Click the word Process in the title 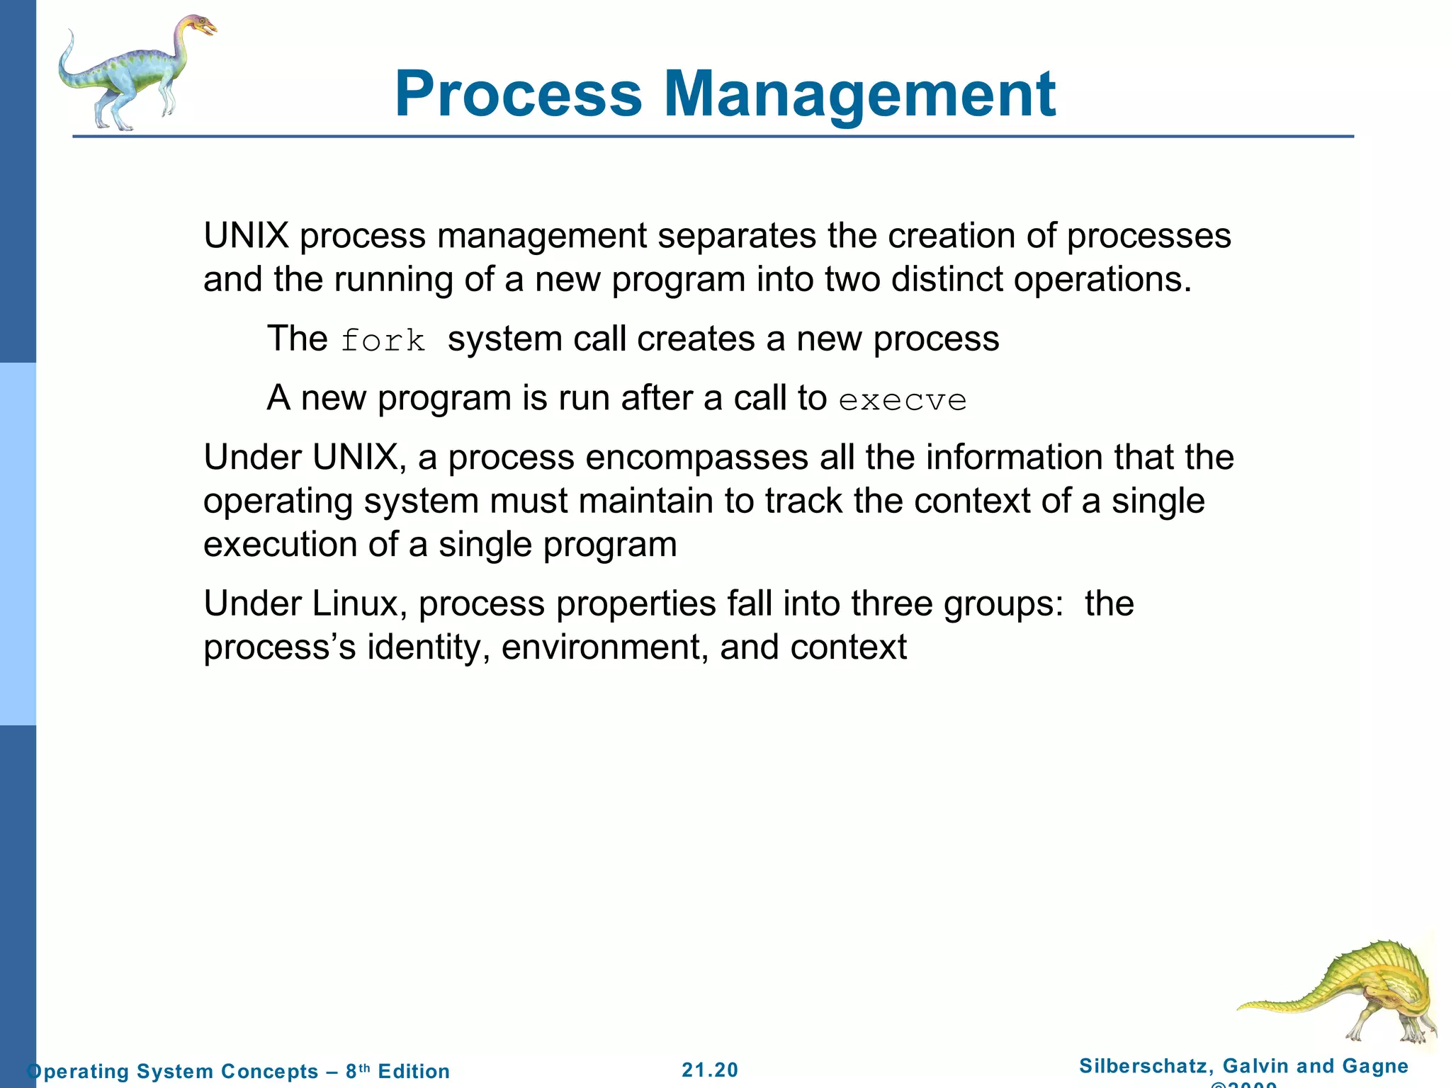pos(518,93)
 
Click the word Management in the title pos(859,93)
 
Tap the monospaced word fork pos(383,341)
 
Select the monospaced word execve pos(902,400)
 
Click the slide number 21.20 pos(710,1070)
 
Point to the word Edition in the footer pos(414,1071)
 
